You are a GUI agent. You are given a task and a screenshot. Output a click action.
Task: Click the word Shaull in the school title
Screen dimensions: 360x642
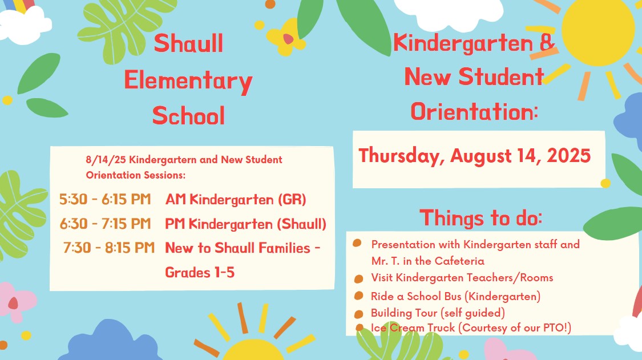point(188,44)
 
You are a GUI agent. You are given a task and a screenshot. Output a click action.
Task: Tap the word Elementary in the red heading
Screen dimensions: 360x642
point(188,81)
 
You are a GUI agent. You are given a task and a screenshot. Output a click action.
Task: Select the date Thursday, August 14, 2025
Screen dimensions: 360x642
point(474,156)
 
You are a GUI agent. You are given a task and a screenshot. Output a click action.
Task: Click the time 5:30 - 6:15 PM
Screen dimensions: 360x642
point(105,200)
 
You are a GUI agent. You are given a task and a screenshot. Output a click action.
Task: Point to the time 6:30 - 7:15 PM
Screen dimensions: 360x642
point(105,224)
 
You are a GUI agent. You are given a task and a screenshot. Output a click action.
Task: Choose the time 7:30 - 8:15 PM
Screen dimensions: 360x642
point(109,248)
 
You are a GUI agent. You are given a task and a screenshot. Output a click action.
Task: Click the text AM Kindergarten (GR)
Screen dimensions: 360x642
point(236,200)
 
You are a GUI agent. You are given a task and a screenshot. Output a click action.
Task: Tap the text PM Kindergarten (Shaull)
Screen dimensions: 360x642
point(245,224)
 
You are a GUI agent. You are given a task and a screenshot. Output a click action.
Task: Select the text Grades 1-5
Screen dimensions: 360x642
point(200,272)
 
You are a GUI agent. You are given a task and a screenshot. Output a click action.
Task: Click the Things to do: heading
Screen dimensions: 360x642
point(481,218)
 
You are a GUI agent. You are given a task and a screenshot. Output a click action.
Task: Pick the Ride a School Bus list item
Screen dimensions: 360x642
point(455,296)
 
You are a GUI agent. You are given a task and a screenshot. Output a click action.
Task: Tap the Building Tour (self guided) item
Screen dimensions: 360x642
point(438,313)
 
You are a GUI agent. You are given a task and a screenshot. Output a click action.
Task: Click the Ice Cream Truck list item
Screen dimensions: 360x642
point(471,327)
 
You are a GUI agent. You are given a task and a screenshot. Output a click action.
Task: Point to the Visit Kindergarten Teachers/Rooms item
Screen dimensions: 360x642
point(462,278)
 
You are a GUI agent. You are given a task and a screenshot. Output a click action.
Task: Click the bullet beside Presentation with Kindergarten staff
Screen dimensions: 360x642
point(357,244)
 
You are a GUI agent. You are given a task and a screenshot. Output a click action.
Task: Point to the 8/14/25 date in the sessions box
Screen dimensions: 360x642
point(102,160)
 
